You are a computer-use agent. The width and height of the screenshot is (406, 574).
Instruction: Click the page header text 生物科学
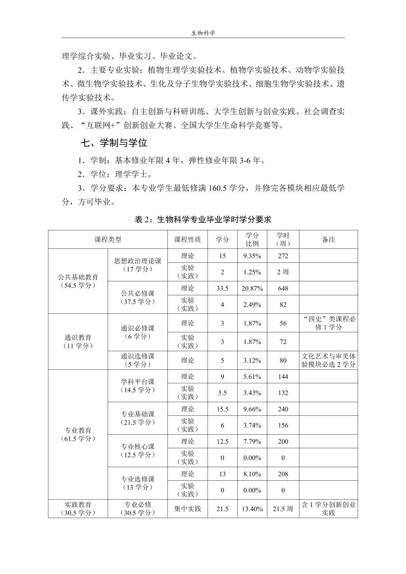(203, 33)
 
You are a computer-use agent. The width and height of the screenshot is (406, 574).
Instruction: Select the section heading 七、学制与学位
(114, 143)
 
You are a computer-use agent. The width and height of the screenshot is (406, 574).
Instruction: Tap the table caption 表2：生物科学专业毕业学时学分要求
(203, 219)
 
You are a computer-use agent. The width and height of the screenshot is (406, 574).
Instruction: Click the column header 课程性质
(188, 239)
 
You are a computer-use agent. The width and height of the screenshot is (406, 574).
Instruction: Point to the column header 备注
(328, 239)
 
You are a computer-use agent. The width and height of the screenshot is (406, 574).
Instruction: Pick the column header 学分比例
(252, 239)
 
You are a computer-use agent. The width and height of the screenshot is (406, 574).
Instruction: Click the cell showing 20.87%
(252, 289)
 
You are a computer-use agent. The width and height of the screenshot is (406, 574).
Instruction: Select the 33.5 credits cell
(222, 289)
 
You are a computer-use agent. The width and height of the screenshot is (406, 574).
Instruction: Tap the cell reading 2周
(283, 272)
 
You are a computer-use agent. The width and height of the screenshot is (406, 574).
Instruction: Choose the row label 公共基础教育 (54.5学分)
(78, 281)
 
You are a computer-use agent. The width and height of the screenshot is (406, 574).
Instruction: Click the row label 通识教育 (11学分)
(78, 341)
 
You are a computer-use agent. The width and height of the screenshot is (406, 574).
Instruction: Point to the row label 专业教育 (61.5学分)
(78, 434)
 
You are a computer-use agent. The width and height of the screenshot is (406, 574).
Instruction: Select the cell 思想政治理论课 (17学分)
(138, 265)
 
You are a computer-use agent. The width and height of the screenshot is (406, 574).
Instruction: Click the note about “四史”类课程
(329, 323)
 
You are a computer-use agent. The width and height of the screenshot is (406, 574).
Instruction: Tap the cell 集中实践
(188, 509)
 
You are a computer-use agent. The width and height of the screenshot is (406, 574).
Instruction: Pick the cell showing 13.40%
(252, 509)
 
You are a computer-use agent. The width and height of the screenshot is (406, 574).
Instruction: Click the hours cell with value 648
(283, 289)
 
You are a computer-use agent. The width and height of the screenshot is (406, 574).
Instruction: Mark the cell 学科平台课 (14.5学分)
(138, 386)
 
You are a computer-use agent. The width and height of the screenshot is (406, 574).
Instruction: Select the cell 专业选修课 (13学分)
(138, 483)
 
